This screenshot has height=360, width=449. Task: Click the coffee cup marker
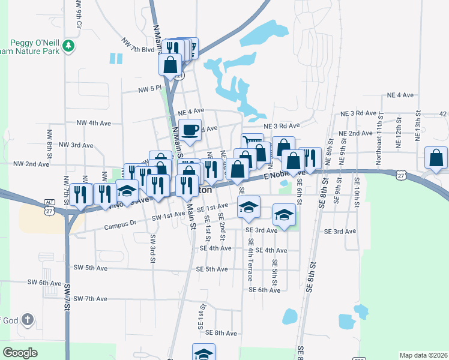(x=190, y=130)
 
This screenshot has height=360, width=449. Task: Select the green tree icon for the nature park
(x=69, y=46)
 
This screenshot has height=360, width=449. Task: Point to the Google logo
(x=20, y=353)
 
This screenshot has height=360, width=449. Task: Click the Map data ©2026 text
(x=423, y=355)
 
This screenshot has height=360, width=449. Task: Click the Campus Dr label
(x=121, y=226)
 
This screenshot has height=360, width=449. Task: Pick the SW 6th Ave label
(x=45, y=283)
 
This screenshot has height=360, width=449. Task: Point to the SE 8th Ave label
(x=222, y=332)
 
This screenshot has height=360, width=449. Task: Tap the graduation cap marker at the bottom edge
(x=203, y=352)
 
